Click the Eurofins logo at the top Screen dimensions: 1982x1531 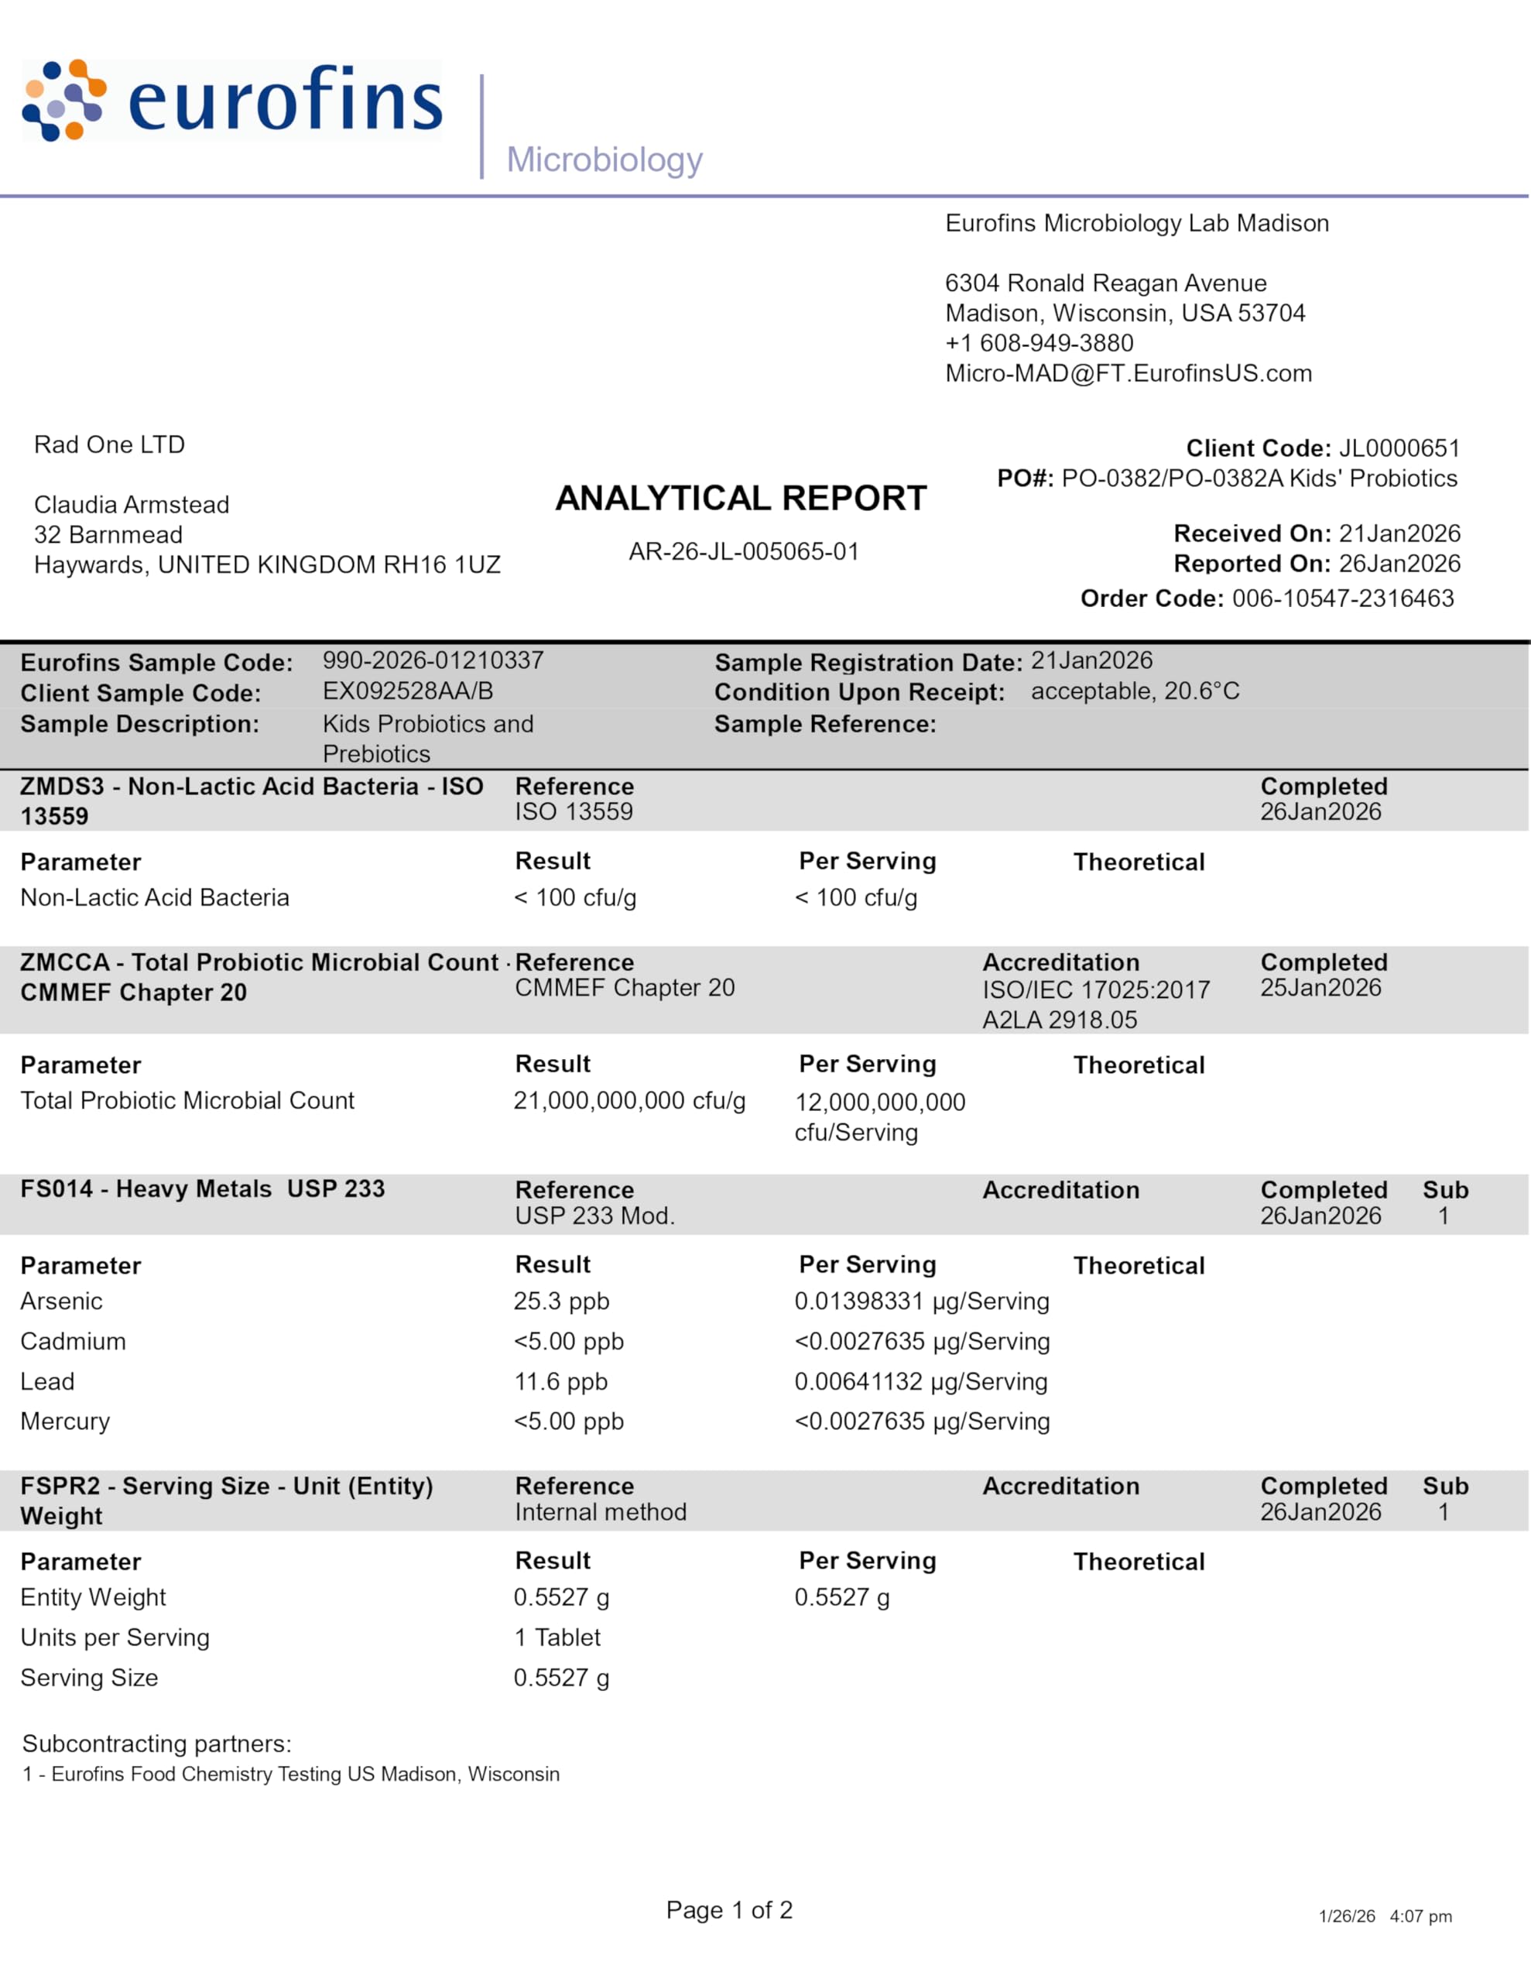click(232, 100)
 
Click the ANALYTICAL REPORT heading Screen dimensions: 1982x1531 click(741, 499)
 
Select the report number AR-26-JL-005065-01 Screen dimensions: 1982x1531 click(743, 552)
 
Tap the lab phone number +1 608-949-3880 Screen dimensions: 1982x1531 click(1040, 343)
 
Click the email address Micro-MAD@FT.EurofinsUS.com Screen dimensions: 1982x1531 click(1128, 373)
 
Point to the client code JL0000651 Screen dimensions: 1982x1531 click(1399, 448)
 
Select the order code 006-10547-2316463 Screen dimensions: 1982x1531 click(1342, 598)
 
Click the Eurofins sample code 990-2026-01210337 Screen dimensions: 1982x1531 click(433, 660)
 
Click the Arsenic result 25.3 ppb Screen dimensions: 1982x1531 click(561, 1301)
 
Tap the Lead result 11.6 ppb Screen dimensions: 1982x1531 click(560, 1381)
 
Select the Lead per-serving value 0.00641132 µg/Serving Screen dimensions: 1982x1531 click(920, 1381)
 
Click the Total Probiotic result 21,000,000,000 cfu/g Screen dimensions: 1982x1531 click(629, 1101)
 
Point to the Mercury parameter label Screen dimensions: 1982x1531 click(64, 1421)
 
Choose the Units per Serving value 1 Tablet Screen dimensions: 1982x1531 click(557, 1637)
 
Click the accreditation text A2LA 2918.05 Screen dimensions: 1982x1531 click(1059, 1020)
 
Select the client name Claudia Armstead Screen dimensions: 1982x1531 click(132, 505)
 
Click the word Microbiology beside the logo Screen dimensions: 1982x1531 click(605, 159)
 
